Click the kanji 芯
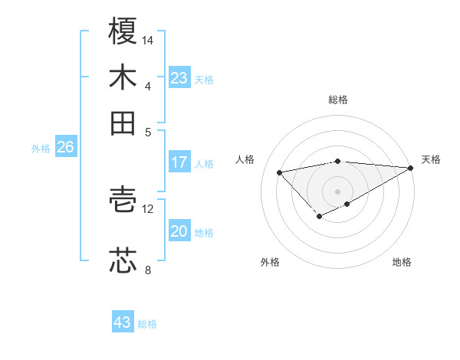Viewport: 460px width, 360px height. (123, 260)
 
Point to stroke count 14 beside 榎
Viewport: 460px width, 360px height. (148, 39)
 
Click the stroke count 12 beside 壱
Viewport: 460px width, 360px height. (148, 208)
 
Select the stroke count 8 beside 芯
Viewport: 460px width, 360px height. (148, 270)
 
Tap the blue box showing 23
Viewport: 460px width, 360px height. (179, 78)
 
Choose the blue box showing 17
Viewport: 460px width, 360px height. (179, 162)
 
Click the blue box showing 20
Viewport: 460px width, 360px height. (179, 231)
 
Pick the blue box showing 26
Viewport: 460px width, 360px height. (65, 148)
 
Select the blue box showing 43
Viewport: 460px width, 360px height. (123, 322)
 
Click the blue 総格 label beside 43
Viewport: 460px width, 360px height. (148, 324)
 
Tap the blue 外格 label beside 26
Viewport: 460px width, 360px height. (41, 149)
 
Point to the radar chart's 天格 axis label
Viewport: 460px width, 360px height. (431, 159)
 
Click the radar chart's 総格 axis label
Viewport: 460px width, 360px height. (338, 100)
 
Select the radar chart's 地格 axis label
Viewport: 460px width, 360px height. (402, 262)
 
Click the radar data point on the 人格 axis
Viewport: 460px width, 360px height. (280, 172)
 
